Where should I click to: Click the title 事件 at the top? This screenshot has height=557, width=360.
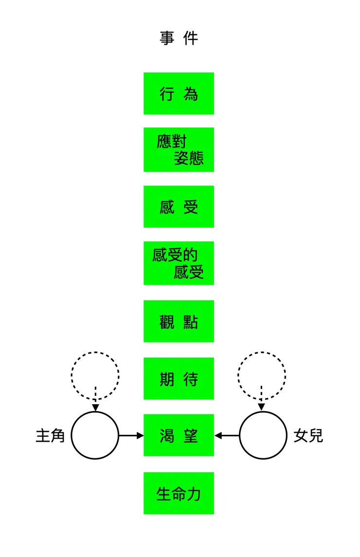(179, 38)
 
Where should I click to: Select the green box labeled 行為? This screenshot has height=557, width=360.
(179, 93)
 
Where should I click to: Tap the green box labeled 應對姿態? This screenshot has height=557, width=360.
(179, 149)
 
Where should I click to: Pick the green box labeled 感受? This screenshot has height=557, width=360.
(179, 207)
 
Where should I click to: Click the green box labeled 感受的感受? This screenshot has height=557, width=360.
(179, 263)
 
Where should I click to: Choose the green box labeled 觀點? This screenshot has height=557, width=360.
(179, 321)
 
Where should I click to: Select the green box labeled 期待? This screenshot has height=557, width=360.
(179, 378)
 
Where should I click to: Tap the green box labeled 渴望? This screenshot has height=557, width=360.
(179, 435)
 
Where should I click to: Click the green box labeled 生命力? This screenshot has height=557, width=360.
(179, 493)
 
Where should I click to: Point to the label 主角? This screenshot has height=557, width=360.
(50, 435)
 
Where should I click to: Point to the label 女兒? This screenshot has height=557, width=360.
(308, 435)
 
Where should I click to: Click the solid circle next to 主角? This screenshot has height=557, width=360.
(95, 435)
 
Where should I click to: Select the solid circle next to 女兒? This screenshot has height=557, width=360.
(263, 435)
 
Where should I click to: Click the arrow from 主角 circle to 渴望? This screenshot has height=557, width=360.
(131, 435)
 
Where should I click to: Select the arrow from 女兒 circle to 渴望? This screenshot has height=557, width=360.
(227, 435)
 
